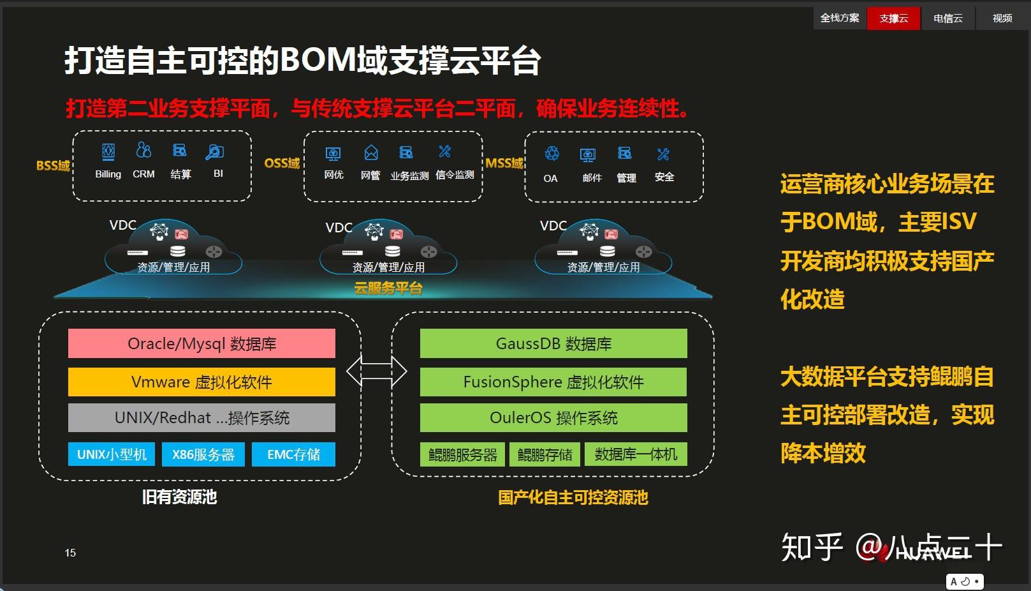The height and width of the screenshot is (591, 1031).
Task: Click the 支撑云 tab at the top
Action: point(893,19)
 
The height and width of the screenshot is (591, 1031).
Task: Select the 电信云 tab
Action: point(947,19)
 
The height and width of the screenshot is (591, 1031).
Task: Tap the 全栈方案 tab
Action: point(839,18)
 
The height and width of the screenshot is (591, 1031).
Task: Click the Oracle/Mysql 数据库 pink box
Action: point(201,344)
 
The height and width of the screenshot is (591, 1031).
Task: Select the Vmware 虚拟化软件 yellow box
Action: point(201,382)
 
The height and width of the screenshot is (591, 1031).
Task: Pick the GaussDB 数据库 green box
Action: point(553,344)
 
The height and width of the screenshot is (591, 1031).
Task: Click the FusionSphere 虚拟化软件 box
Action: point(553,382)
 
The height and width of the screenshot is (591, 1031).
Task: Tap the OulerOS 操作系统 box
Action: point(553,418)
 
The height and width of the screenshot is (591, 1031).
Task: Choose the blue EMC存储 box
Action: point(293,454)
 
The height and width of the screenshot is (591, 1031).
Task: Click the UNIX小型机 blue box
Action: point(112,454)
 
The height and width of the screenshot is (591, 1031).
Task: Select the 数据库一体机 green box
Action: point(636,454)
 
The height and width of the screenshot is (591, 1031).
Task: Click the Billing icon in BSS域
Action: point(108,152)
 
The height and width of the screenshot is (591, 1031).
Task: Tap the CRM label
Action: point(143,174)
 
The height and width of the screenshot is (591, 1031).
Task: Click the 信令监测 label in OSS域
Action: point(455,175)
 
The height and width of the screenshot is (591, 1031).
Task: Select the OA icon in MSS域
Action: point(552,154)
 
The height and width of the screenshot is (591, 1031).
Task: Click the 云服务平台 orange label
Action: point(388,288)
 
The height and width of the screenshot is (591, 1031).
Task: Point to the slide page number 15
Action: point(70,553)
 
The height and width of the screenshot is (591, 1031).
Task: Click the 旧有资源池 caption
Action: point(180,497)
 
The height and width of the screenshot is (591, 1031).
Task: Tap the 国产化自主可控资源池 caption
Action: point(573,498)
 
